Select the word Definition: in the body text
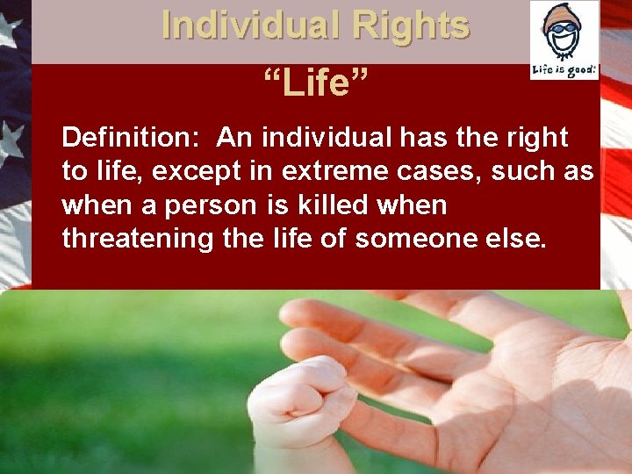[133, 138]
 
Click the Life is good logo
[564, 40]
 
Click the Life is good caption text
[564, 68]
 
